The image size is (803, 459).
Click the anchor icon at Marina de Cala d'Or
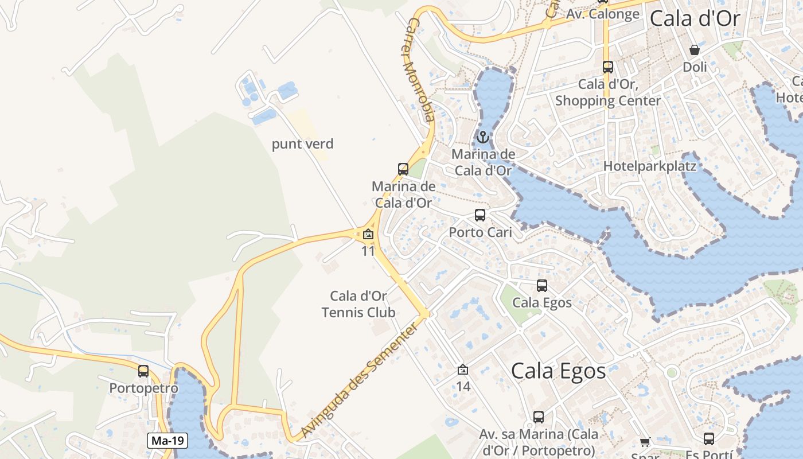click(x=483, y=137)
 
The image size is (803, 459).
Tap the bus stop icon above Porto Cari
click(x=480, y=215)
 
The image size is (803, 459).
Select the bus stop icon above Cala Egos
click(x=542, y=285)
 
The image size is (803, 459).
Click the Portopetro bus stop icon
click(x=143, y=371)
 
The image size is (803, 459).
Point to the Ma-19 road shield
click(x=168, y=441)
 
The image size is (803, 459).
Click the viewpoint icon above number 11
click(x=368, y=234)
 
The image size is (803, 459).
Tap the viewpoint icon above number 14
click(x=463, y=369)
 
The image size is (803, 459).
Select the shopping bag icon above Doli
click(x=695, y=50)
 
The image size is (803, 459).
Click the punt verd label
click(x=302, y=144)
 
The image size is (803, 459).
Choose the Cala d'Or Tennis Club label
click(x=358, y=305)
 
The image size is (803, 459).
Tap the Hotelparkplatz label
click(x=650, y=166)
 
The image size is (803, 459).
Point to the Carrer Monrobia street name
click(x=419, y=69)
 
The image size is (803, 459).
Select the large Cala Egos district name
click(x=558, y=371)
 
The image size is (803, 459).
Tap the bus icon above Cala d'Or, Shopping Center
click(x=608, y=67)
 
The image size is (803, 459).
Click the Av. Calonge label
click(x=602, y=14)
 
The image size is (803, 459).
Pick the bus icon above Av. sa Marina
click(x=539, y=417)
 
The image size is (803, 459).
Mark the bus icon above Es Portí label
click(x=709, y=439)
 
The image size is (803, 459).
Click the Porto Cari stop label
click(x=480, y=232)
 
